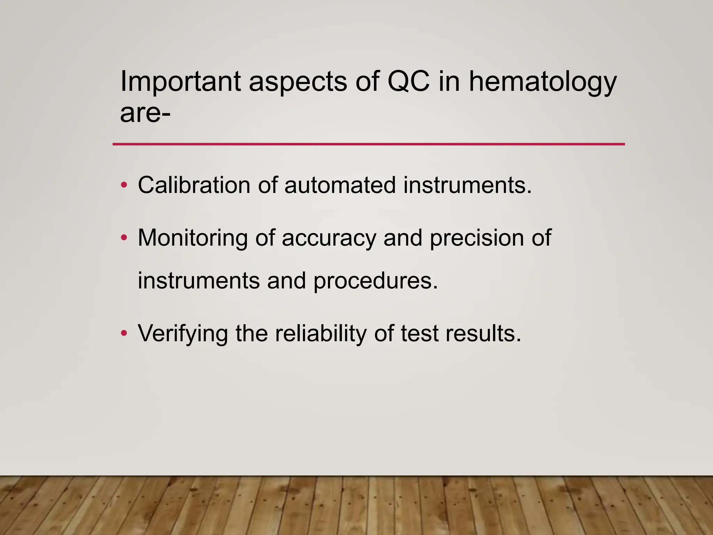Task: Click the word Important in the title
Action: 180,82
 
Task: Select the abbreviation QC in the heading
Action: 408,82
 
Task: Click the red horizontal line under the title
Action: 368,144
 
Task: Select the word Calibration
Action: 194,185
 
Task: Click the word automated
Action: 340,185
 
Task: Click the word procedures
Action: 375,281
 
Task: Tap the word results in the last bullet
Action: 483,334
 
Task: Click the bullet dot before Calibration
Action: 124,185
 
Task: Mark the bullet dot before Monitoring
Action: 124,238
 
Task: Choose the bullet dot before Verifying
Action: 124,334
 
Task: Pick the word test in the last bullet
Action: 419,334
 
